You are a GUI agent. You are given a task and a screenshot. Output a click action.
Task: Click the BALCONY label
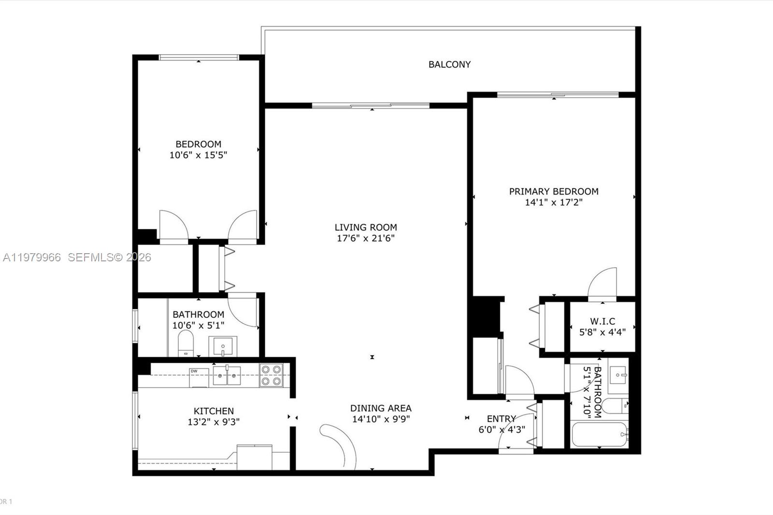point(449,64)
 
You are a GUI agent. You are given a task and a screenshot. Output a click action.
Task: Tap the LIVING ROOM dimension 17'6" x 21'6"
point(366,238)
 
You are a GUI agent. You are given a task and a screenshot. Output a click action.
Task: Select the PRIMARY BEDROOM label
point(554,191)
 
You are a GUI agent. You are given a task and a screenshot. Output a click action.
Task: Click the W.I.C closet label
point(602,321)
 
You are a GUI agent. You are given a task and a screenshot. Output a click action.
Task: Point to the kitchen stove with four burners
point(271,375)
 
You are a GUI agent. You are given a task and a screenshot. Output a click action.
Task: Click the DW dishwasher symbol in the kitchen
point(199,377)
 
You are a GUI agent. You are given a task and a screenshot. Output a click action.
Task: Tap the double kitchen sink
point(227,375)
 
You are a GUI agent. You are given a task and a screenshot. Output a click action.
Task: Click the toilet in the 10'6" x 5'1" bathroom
point(186,343)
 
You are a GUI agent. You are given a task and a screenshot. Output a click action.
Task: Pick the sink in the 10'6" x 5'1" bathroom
point(223,346)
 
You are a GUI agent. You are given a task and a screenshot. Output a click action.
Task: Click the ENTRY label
point(501,418)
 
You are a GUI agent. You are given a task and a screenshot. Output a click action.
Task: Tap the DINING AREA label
point(381,408)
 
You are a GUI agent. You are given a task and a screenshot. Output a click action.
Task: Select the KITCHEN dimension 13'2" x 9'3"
point(214,422)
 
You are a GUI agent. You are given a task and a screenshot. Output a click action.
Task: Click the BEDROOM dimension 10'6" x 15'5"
point(198,155)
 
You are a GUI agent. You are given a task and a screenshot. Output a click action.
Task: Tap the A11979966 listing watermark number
point(32,257)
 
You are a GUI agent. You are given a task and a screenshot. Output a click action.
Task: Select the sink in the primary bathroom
point(618,375)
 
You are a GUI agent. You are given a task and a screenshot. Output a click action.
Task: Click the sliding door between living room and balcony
point(371,105)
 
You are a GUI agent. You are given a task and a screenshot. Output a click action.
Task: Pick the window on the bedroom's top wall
point(199,57)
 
